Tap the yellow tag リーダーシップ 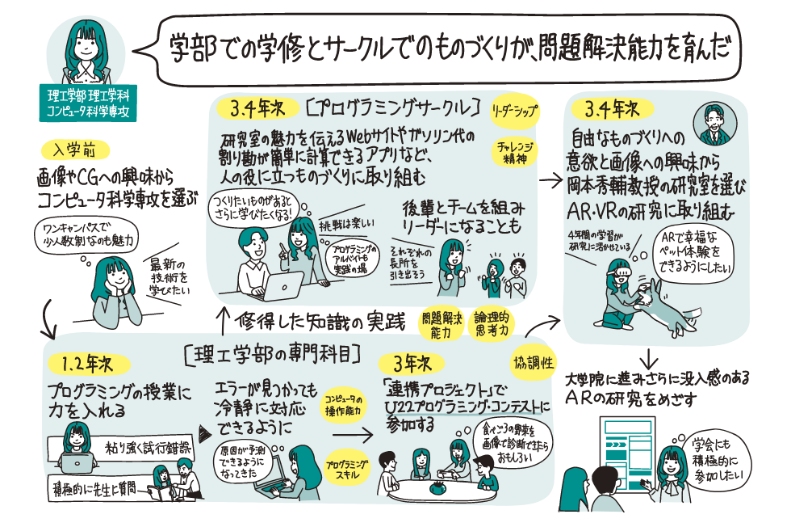pos(515,108)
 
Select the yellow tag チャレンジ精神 pos(511,153)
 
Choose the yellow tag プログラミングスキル pos(347,468)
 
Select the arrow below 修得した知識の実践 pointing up pos(220,314)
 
